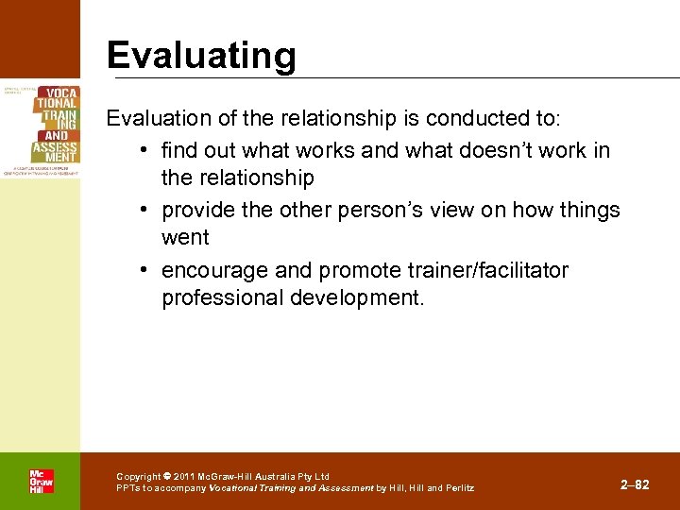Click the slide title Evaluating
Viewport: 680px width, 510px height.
click(201, 56)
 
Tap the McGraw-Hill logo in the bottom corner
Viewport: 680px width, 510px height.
click(41, 482)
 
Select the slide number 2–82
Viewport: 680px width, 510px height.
click(635, 484)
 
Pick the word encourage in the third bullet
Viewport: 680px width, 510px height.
click(212, 271)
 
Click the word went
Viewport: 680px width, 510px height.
click(186, 237)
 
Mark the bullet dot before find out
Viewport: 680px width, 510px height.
click(142, 151)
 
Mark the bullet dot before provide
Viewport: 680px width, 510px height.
click(142, 211)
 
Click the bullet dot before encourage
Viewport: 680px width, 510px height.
click(142, 272)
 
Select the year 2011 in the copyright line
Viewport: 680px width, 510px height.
click(185, 477)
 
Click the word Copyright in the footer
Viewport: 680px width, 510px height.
click(138, 477)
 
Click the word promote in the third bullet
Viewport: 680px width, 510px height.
click(358, 271)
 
